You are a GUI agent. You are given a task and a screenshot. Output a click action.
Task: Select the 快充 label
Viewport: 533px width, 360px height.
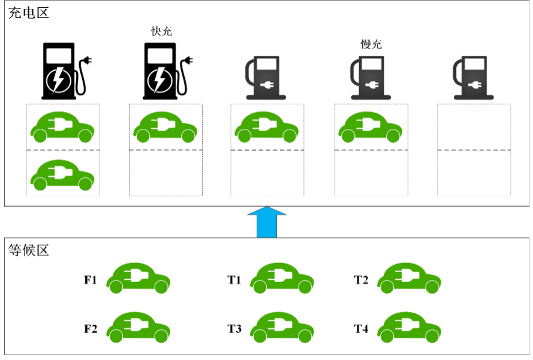tap(161, 31)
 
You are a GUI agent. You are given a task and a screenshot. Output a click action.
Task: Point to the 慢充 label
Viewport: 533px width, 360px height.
tap(371, 44)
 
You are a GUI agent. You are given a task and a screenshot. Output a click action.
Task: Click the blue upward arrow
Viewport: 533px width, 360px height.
tap(267, 222)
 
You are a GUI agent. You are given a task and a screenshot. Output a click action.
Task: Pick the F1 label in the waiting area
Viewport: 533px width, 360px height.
tap(91, 280)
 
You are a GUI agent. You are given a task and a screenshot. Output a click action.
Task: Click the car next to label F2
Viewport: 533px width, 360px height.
tap(138, 327)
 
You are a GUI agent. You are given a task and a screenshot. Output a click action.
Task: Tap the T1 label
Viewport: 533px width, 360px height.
tap(234, 280)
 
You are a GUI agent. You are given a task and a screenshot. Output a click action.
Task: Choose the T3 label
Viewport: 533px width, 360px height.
tap(234, 329)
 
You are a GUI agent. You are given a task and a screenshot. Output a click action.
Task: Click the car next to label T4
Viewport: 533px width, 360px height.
tap(409, 327)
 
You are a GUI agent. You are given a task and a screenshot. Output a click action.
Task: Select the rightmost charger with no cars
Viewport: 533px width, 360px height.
tap(473, 77)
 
